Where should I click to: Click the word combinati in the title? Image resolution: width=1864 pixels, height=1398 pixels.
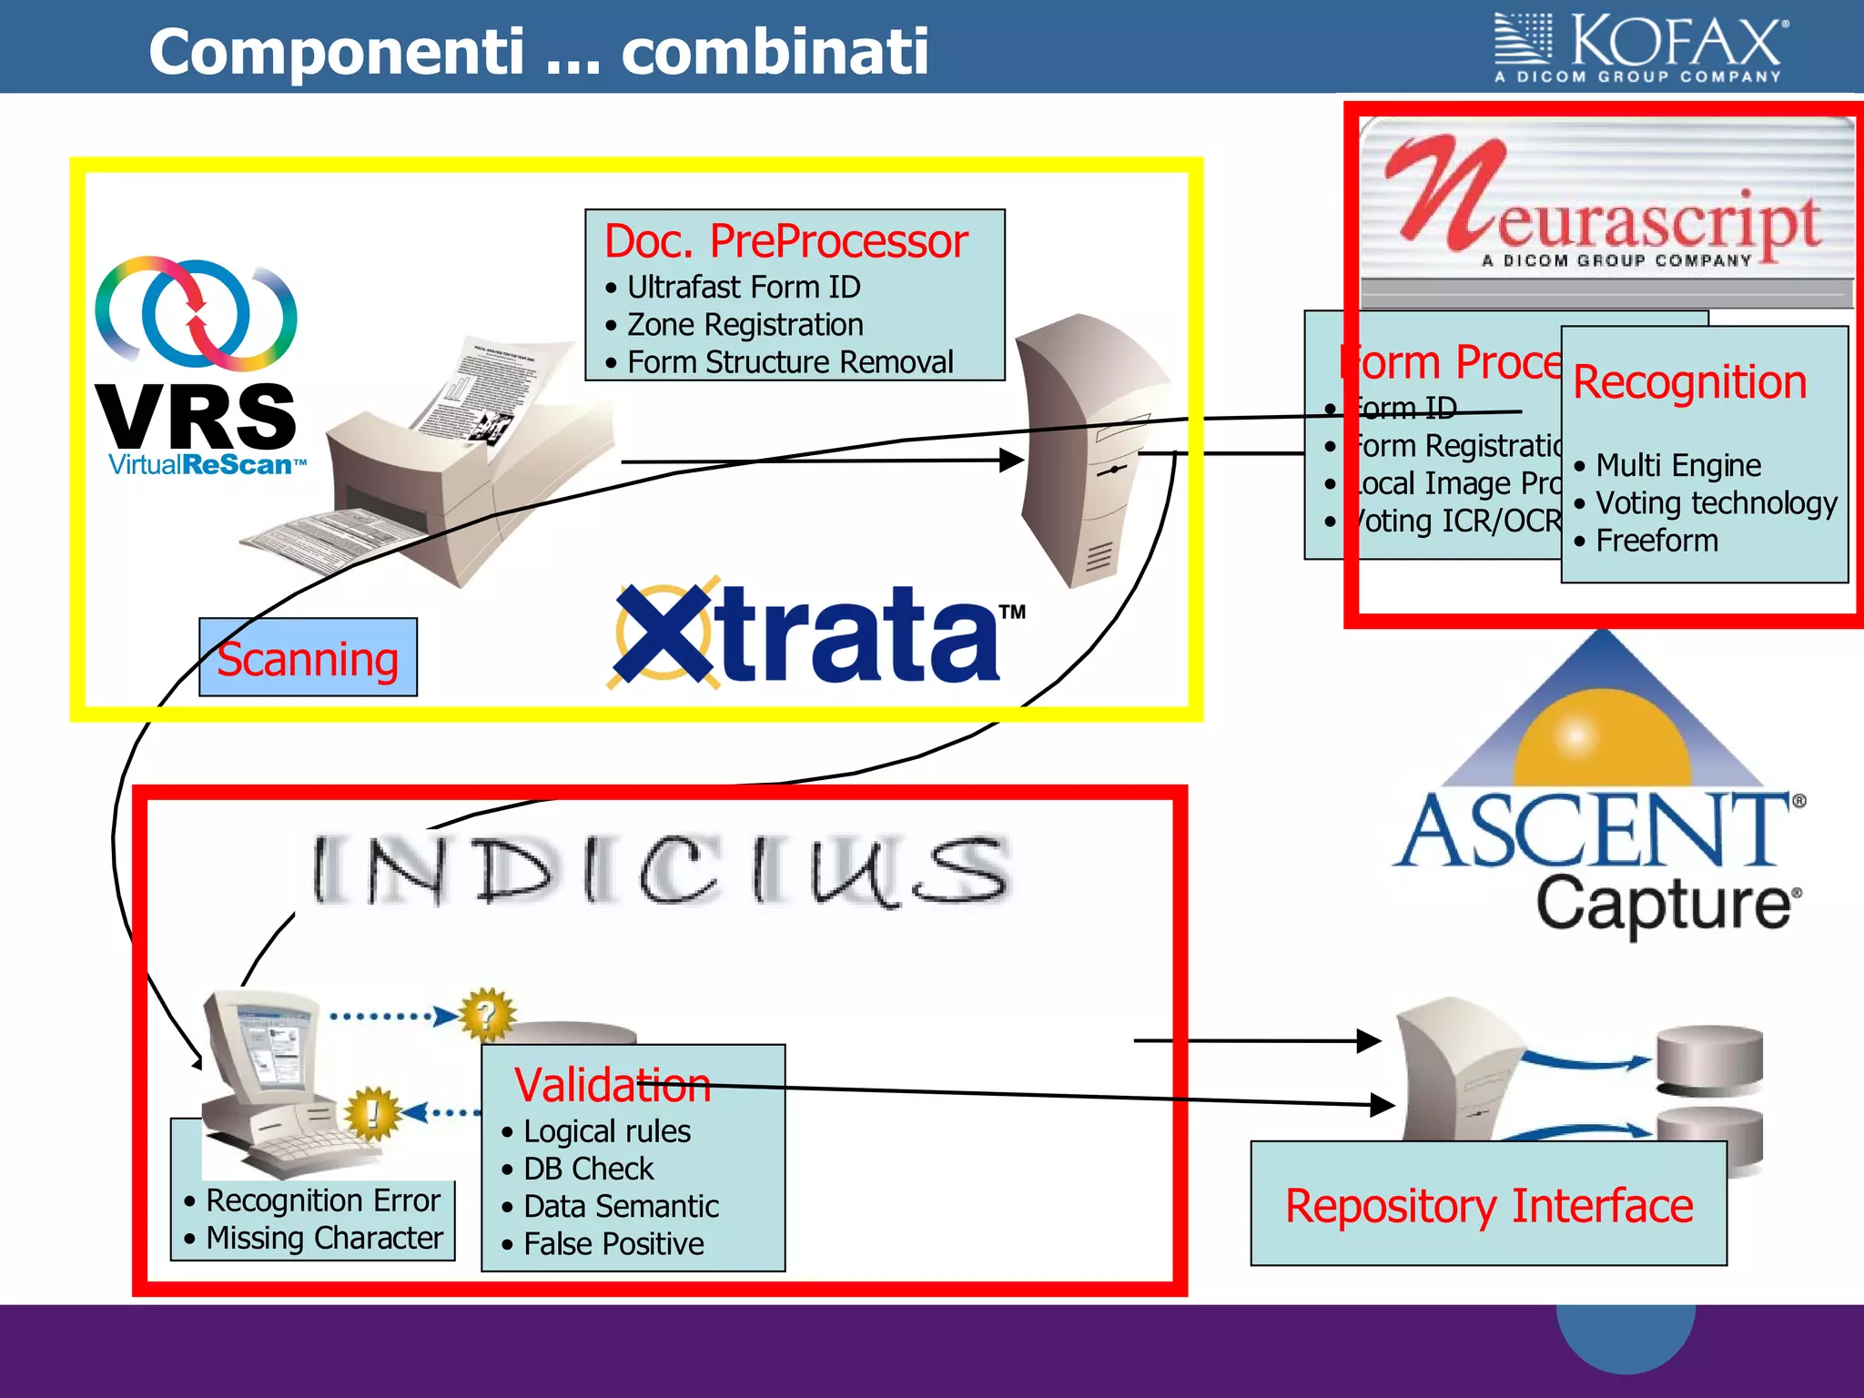pyautogui.click(x=775, y=52)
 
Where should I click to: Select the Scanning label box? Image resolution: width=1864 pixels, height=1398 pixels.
pyautogui.click(x=308, y=658)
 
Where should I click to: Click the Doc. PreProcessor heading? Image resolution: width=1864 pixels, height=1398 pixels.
pyautogui.click(x=785, y=241)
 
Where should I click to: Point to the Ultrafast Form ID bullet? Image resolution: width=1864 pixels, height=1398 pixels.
pyautogui.click(x=743, y=288)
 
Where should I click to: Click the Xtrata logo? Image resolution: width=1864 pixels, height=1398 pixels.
pyautogui.click(x=815, y=633)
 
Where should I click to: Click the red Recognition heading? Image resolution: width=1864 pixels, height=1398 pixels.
pyautogui.click(x=1689, y=381)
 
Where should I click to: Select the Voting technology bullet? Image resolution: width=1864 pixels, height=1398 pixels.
pyautogui.click(x=1716, y=502)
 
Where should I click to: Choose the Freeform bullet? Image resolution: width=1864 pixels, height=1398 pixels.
pyautogui.click(x=1656, y=541)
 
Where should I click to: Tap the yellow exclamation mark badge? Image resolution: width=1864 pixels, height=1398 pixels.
pyautogui.click(x=371, y=1112)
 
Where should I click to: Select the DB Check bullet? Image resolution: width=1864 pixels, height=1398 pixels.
pyautogui.click(x=588, y=1169)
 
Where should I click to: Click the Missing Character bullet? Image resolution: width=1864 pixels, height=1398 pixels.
pyautogui.click(x=323, y=1238)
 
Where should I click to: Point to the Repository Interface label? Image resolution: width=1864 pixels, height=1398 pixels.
pyautogui.click(x=1488, y=1205)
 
